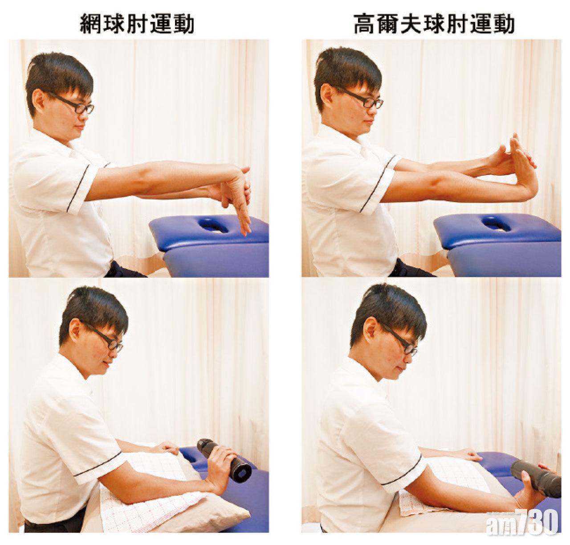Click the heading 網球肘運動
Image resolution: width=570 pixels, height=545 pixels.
click(137, 25)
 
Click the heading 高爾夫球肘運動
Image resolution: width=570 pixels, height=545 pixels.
click(434, 25)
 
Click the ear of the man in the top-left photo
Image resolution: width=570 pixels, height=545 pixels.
click(39, 101)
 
